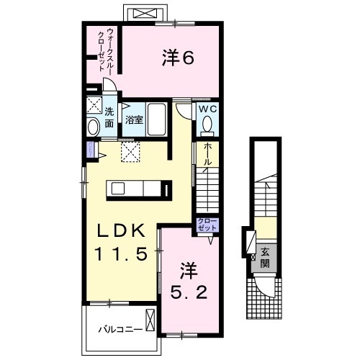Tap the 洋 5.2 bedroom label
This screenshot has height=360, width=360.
pyautogui.click(x=189, y=282)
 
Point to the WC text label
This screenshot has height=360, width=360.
pyautogui.click(x=207, y=109)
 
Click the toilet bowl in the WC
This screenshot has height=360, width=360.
pyautogui.click(x=207, y=125)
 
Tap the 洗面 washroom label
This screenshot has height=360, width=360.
pyautogui.click(x=109, y=117)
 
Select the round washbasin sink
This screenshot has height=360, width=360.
pyautogui.click(x=93, y=127)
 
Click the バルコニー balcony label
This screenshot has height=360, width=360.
pyautogui.click(x=115, y=330)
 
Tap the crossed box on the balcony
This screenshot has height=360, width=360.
pyautogui.click(x=150, y=318)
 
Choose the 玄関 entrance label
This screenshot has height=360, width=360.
pyautogui.click(x=264, y=257)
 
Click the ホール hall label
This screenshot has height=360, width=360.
pyautogui.click(x=208, y=155)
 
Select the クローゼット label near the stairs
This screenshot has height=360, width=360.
pyautogui.click(x=207, y=225)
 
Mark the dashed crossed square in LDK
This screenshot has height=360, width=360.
pyautogui.click(x=130, y=151)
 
